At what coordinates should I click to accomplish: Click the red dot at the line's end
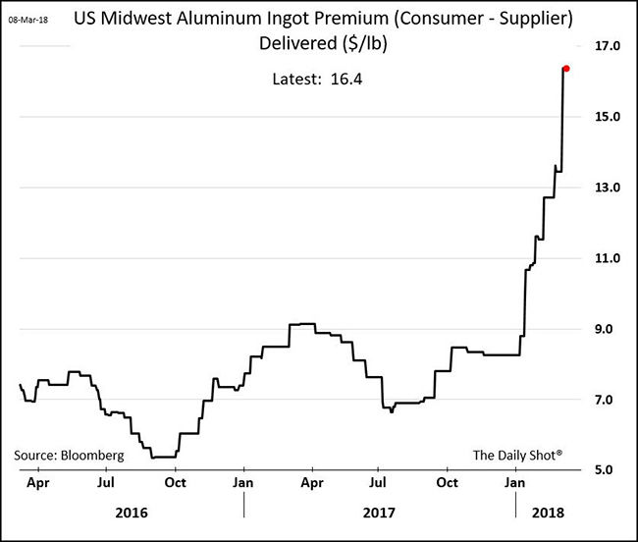coord(566,69)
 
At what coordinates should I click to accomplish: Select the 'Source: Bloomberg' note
coord(69,456)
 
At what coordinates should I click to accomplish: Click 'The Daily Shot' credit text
coord(517,456)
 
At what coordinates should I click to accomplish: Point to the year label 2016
coord(133,513)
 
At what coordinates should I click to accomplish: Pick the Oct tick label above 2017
coord(448,484)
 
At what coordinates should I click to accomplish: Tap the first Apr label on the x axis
coord(37,484)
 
